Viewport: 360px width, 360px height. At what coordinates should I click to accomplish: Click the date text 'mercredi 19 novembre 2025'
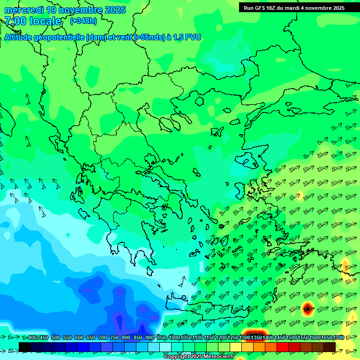[x=65, y=10]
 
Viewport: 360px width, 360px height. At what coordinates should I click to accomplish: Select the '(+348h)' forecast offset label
[x=83, y=21]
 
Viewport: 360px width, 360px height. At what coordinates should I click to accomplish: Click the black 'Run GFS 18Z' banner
[x=294, y=7]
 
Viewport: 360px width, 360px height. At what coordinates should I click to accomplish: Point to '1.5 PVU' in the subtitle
[x=187, y=37]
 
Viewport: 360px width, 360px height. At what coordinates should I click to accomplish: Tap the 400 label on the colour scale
[x=32, y=337]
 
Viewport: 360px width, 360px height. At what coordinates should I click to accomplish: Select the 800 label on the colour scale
[x=126, y=337]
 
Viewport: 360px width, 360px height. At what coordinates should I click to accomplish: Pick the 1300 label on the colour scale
[x=244, y=337]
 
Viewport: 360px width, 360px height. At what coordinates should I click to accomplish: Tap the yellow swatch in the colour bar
[x=236, y=347]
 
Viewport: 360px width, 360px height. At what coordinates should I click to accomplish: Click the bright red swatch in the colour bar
[x=283, y=347]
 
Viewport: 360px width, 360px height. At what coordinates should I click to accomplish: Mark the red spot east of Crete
[x=307, y=308]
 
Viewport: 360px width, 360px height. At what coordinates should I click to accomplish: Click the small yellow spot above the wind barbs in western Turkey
[x=300, y=194]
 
